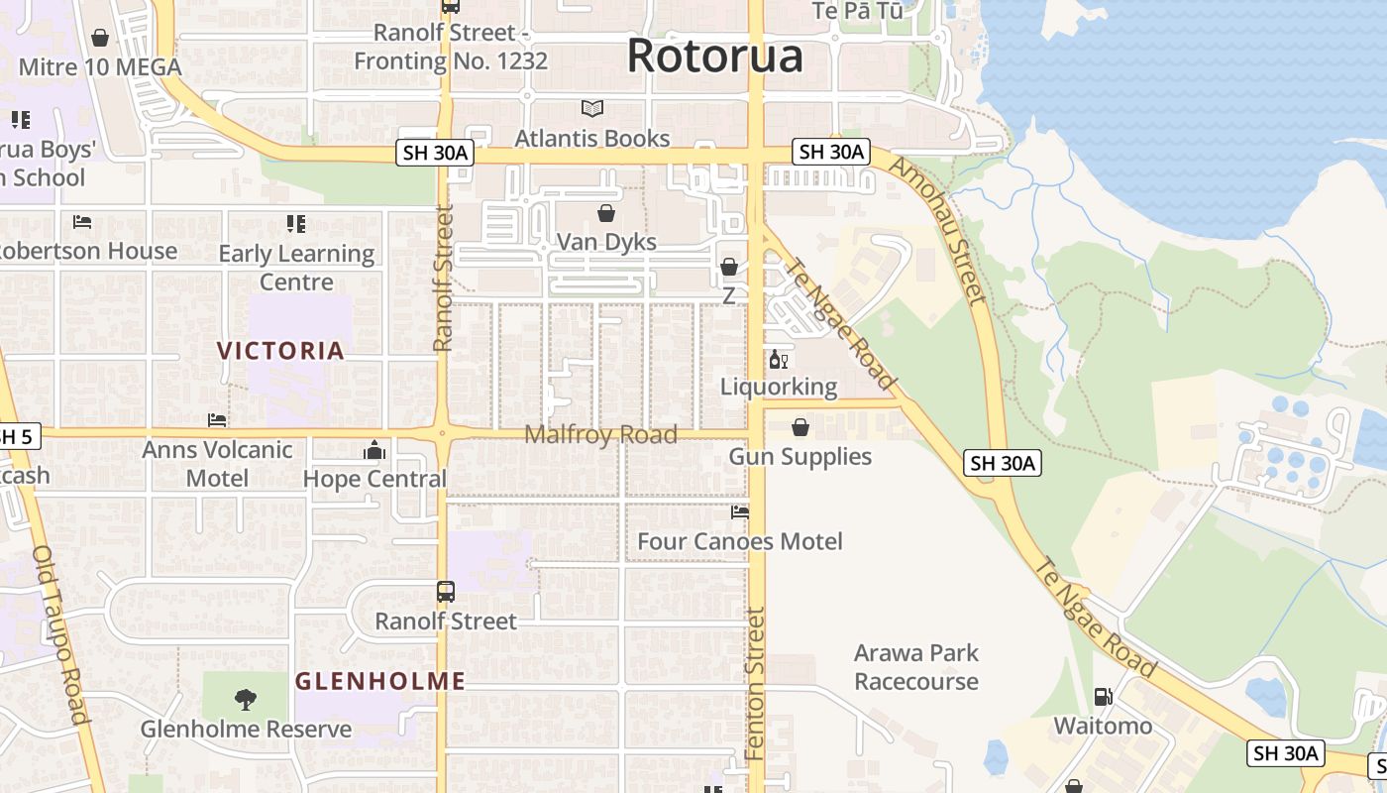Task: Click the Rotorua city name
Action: point(714,56)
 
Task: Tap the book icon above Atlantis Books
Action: point(592,108)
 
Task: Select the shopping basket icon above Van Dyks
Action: point(606,212)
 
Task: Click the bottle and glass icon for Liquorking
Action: point(779,358)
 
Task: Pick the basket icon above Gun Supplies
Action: point(800,427)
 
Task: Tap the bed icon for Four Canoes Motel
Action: point(740,512)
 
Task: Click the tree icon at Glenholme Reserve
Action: point(246,700)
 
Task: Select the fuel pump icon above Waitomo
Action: point(1103,697)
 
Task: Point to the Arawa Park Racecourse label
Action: point(916,667)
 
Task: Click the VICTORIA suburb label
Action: point(280,350)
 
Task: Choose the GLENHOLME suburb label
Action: point(380,681)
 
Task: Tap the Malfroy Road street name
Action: point(600,434)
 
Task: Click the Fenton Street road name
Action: point(756,684)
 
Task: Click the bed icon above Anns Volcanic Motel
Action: point(217,420)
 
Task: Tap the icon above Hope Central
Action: point(374,450)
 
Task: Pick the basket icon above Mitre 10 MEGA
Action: point(100,38)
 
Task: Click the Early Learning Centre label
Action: point(296,268)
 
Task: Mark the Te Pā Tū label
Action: point(857,10)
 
